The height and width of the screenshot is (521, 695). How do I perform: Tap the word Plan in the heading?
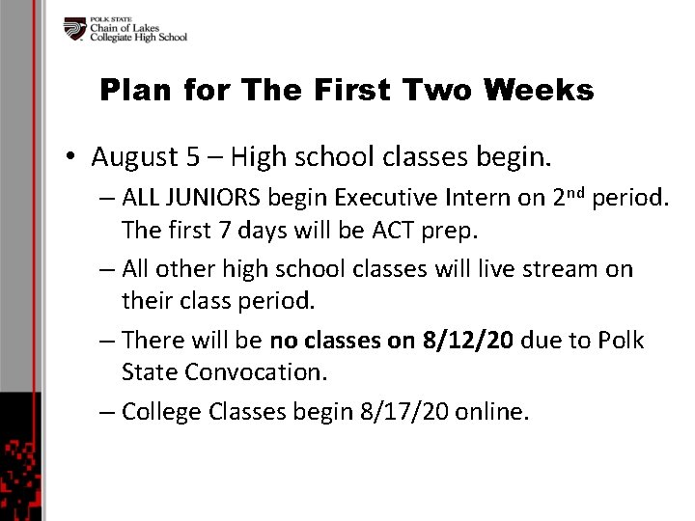pos(133,92)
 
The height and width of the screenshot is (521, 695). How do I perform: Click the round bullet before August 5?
pos(72,157)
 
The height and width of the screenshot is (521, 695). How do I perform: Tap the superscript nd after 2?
pos(573,193)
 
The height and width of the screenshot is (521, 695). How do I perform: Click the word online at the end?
pos(491,412)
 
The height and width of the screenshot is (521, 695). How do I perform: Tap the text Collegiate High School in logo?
pos(138,38)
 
